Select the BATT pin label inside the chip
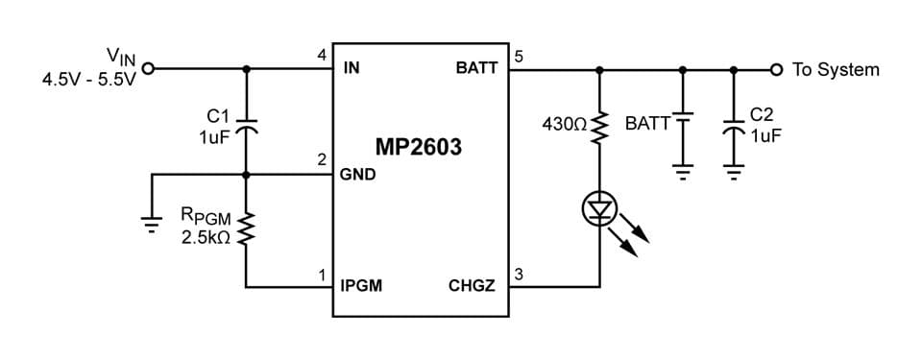pos(476,69)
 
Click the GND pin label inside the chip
pos(357,176)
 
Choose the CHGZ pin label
pos(472,286)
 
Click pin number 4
pos(321,55)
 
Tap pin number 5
pos(519,55)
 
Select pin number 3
pos(519,275)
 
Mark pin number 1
pos(321,275)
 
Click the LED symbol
pos(599,208)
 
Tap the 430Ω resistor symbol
pos(599,125)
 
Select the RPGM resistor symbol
pos(247,228)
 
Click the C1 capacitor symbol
pos(247,126)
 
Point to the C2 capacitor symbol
pos(735,126)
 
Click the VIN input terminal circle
pos(148,69)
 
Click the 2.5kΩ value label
pos(206,237)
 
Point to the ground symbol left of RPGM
pos(150,223)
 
